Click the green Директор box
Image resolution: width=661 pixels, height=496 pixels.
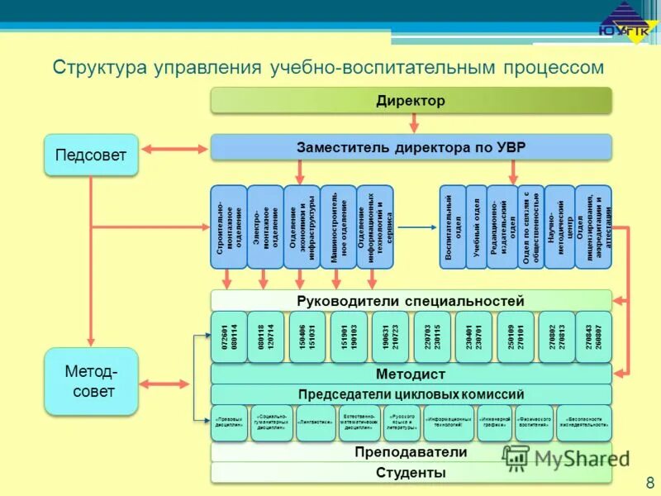[411, 100]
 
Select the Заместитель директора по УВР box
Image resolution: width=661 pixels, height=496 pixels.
[411, 148]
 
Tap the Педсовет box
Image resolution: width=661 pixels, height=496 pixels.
[90, 155]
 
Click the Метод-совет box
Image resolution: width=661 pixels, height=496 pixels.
[90, 381]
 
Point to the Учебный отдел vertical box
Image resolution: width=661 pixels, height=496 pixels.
[476, 227]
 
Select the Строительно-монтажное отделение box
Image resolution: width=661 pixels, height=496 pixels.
[228, 227]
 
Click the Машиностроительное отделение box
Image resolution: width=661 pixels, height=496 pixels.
[338, 227]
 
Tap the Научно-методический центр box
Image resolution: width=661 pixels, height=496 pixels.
[559, 227]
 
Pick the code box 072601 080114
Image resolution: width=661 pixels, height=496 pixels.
[229, 337]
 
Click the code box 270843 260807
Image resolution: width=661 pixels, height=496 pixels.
[593, 337]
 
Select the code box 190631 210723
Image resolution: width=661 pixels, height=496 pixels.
[390, 337]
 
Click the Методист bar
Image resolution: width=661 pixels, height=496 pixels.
[411, 374]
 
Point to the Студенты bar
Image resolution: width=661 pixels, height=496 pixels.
[411, 473]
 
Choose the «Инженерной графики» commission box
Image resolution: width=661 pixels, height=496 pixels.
[495, 422]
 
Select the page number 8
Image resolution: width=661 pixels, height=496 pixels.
[649, 481]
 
